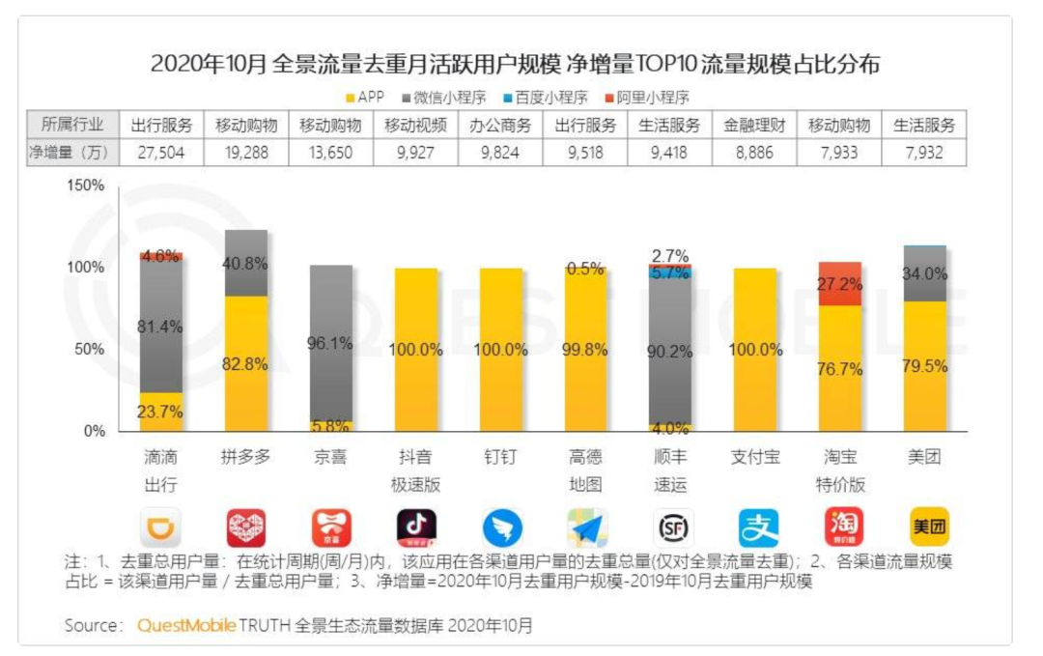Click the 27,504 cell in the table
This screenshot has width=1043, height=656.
pos(161,152)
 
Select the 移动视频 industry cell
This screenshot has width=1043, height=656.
pos(415,126)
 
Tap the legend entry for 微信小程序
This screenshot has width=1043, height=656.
pos(446,97)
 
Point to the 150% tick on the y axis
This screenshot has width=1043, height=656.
pos(86,185)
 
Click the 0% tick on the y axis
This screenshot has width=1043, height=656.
pos(94,431)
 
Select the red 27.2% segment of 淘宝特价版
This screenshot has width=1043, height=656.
pos(840,283)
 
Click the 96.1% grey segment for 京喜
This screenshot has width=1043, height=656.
pos(331,343)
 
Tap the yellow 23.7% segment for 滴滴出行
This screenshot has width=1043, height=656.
pos(161,412)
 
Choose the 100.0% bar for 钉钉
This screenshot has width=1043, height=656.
pos(501,350)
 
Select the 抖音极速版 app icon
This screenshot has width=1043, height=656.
pos(416,528)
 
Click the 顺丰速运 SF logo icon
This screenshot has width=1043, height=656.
pos(671,528)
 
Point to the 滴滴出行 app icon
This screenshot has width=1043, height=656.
pos(161,528)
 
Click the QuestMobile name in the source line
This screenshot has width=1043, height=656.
pos(186,625)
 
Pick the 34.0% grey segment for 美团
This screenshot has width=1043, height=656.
pos(925,274)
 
